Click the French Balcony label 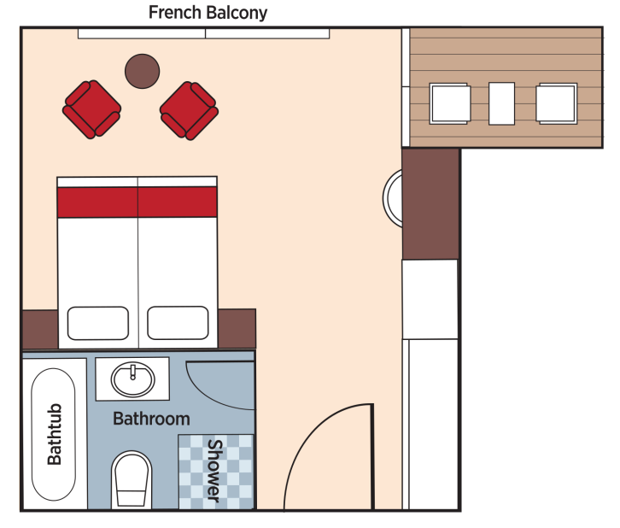(x=208, y=12)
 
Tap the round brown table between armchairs (x=142, y=71)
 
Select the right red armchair (x=190, y=109)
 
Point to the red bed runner (x=137, y=202)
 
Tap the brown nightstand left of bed (x=38, y=330)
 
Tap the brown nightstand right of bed (x=237, y=330)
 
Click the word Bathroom (x=151, y=419)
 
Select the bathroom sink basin (x=133, y=378)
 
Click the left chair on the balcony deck (x=450, y=103)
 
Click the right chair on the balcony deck (x=556, y=103)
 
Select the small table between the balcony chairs (x=502, y=103)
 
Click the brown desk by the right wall (x=431, y=203)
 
